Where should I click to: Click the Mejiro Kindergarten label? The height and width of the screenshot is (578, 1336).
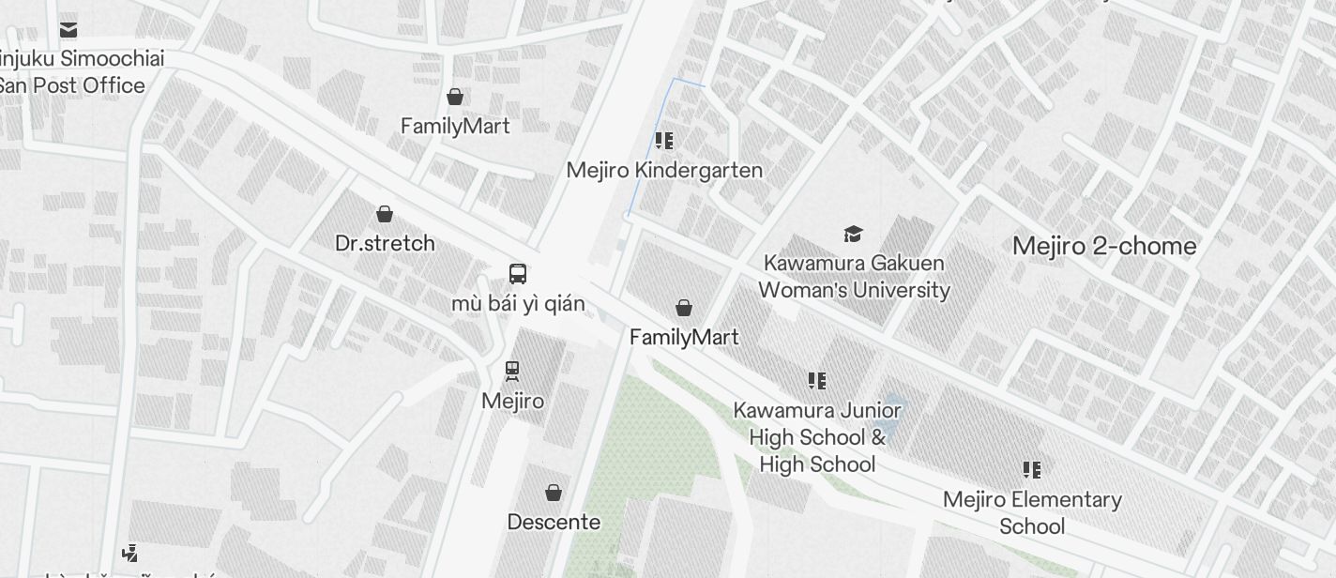click(664, 171)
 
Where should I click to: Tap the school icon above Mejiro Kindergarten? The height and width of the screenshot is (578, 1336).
click(664, 142)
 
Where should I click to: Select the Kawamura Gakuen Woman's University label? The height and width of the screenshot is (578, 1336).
click(854, 277)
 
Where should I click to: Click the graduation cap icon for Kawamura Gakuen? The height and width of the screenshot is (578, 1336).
click(853, 234)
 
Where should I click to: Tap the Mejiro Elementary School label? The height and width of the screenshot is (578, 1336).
click(1032, 512)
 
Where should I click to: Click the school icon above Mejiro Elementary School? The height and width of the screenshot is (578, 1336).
click(1032, 469)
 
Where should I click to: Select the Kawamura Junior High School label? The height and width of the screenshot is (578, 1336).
click(817, 437)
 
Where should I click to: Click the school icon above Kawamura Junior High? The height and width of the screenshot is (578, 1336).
click(817, 381)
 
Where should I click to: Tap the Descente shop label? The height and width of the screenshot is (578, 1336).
click(554, 522)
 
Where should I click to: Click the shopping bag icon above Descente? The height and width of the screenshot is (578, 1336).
click(554, 493)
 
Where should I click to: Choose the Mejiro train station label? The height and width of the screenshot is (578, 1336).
click(512, 402)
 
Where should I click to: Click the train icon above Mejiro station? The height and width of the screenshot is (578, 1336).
click(512, 371)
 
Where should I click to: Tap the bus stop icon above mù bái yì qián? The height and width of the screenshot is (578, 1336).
click(518, 274)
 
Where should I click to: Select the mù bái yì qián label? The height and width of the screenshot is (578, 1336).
click(518, 304)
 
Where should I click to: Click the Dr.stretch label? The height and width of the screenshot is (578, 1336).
click(385, 243)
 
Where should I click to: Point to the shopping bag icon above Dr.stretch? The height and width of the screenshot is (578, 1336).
click(385, 214)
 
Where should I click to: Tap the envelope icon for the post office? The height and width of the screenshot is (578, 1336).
click(68, 29)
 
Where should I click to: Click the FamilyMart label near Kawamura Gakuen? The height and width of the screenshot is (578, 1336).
click(684, 337)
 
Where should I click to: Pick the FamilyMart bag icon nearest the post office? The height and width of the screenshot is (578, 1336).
click(455, 97)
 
